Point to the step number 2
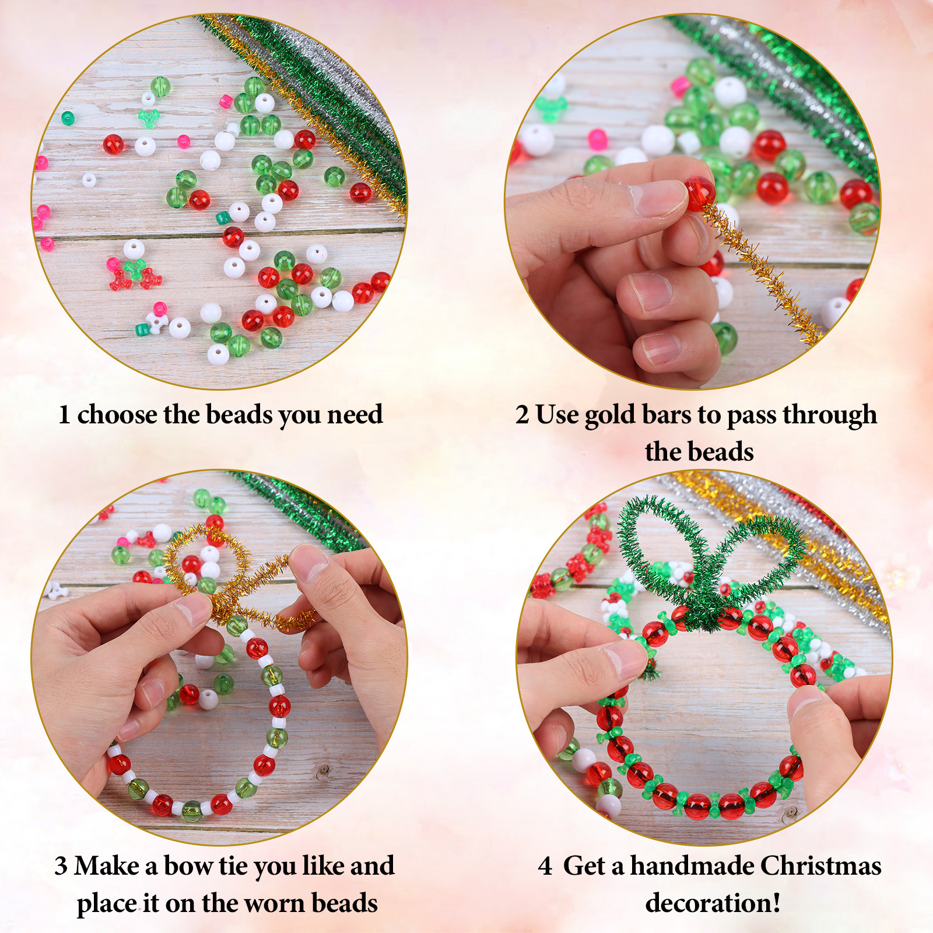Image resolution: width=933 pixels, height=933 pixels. click(x=522, y=415)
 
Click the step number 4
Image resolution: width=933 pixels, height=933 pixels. click(x=545, y=867)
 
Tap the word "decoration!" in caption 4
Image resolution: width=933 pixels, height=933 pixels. click(x=713, y=903)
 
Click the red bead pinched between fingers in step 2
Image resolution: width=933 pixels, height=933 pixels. click(x=699, y=193)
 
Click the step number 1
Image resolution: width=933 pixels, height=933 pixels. click(x=64, y=415)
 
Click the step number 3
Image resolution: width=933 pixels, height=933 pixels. click(x=61, y=867)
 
